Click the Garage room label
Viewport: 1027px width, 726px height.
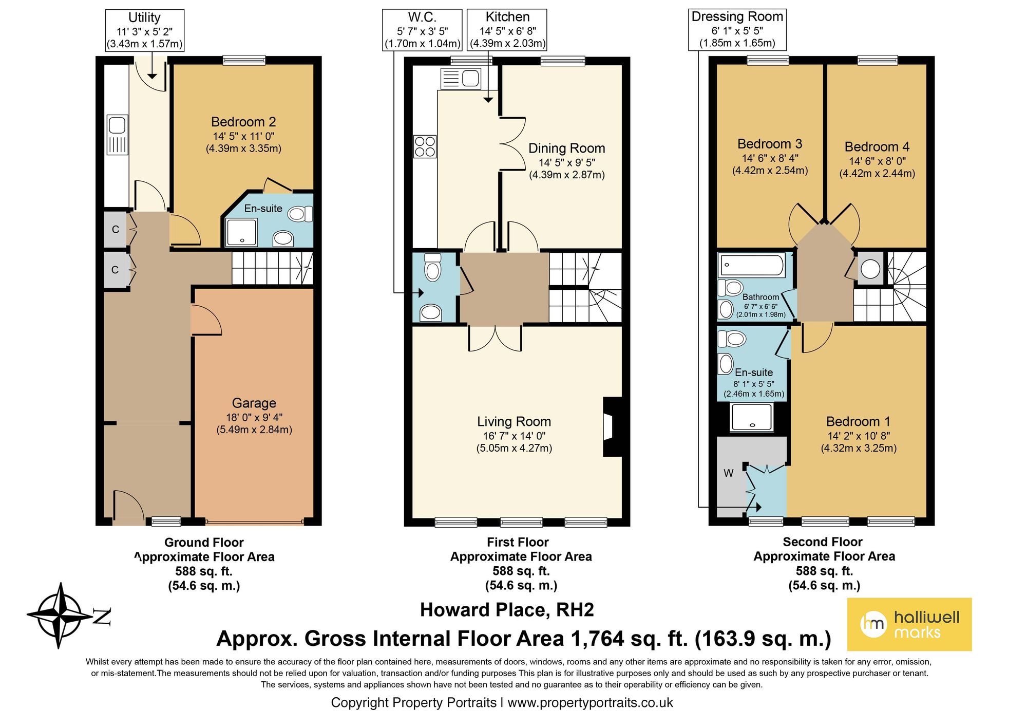254,403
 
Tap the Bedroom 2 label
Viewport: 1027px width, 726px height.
243,122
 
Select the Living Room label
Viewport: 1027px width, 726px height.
514,422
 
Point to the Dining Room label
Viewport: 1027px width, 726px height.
567,148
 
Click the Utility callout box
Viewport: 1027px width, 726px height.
144,30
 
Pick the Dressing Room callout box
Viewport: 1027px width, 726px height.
737,30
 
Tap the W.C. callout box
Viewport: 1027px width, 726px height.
423,30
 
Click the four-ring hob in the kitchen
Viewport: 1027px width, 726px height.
425,146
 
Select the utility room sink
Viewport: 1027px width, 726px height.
118,135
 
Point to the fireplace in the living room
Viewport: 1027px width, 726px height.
612,427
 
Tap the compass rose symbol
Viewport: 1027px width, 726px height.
61,615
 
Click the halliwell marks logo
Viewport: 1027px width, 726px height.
909,624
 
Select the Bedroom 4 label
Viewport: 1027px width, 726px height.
877,147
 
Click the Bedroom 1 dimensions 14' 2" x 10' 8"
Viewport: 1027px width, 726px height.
859,436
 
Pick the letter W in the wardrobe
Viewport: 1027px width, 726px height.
729,473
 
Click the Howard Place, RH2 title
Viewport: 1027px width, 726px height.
507,610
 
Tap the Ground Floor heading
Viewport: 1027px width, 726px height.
204,543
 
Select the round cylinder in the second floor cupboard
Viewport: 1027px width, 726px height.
870,269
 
